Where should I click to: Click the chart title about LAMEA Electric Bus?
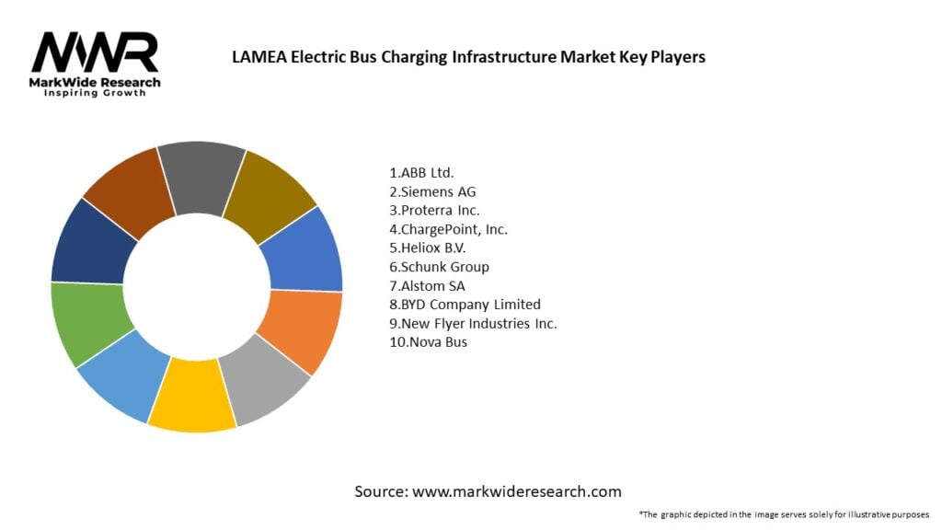pos(468,57)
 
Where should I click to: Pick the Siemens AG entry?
pos(432,191)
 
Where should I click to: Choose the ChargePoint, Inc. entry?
pos(448,229)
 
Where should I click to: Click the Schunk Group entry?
pos(439,267)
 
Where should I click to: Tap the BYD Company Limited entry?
pos(465,305)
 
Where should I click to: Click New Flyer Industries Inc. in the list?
pos(473,323)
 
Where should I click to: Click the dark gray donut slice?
pos(202,176)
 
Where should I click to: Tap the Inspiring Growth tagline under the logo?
pos(95,93)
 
